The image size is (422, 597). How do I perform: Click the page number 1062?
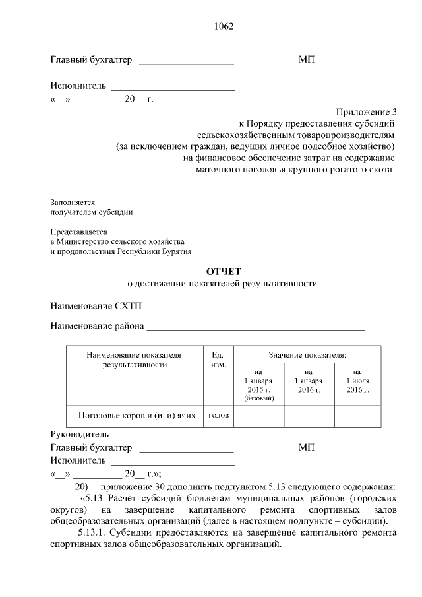(x=224, y=27)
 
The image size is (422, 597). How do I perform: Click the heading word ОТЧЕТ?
(x=224, y=271)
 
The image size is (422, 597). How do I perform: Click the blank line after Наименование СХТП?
(x=256, y=307)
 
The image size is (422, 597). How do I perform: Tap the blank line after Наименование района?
(x=256, y=327)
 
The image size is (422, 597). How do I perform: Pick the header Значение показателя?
(x=307, y=355)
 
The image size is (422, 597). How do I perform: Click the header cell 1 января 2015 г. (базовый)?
(x=259, y=385)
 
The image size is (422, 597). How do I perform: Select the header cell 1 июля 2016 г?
(x=357, y=381)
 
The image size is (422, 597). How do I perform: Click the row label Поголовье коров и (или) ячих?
(x=136, y=416)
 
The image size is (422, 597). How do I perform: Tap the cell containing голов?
(x=218, y=416)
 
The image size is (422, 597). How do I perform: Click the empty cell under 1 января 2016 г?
(x=309, y=416)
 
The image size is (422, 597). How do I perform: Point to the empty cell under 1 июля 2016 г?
(x=357, y=416)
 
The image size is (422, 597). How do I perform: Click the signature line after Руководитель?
(x=175, y=436)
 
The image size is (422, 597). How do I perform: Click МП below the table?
(x=307, y=448)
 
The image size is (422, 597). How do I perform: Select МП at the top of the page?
(x=307, y=60)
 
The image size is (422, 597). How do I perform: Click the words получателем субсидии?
(x=92, y=212)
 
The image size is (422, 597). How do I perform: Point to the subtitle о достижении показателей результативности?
(x=222, y=284)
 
